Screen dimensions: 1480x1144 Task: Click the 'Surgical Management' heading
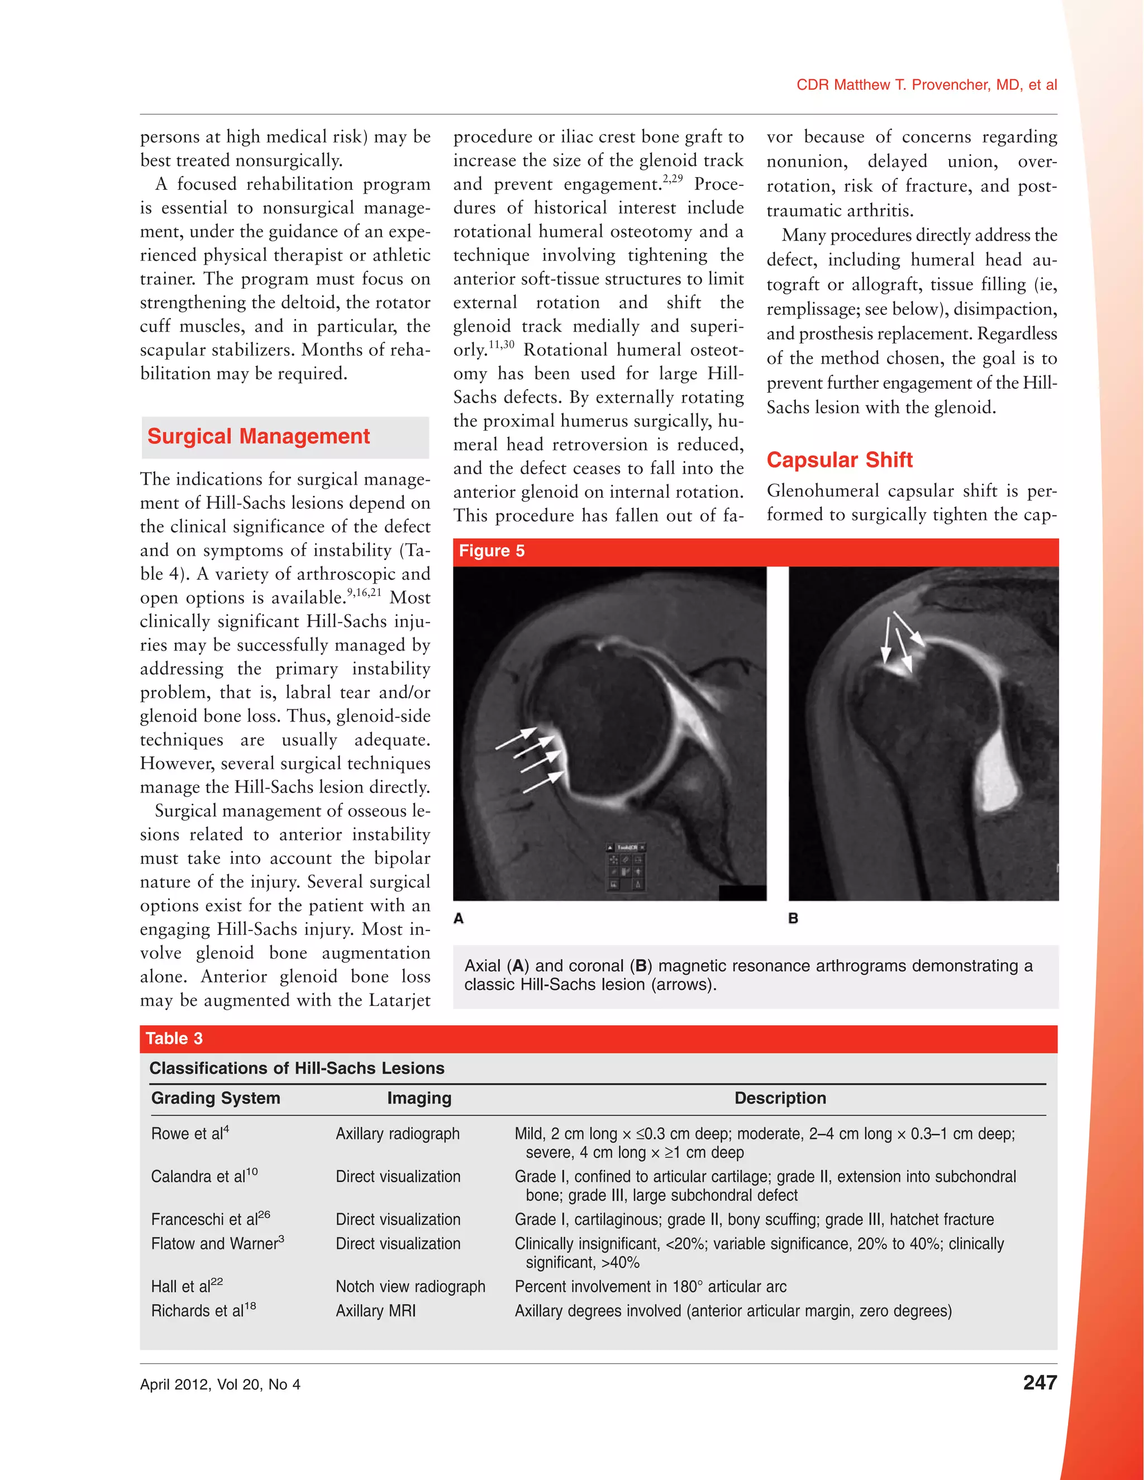point(258,436)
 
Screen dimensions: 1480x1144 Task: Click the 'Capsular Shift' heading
point(839,460)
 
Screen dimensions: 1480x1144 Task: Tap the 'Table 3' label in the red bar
point(174,1038)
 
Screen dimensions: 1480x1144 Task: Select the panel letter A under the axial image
point(459,918)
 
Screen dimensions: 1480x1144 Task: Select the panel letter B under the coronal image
point(793,918)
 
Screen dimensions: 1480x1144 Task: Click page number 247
point(1039,1382)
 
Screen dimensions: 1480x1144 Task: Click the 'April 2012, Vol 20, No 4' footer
point(220,1384)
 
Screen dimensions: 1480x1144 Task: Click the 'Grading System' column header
point(216,1098)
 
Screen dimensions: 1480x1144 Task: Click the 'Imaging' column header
point(419,1098)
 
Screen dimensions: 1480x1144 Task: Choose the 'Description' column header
point(780,1098)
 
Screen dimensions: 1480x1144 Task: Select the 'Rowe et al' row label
point(190,1133)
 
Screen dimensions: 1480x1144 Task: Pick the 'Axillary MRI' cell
point(375,1311)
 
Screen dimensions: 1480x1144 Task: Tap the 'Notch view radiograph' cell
point(410,1286)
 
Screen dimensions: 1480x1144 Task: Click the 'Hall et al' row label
point(187,1286)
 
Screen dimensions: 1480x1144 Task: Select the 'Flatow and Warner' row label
point(217,1244)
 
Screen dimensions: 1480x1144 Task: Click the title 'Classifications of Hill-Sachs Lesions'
point(297,1068)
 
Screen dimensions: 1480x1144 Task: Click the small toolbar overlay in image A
point(625,867)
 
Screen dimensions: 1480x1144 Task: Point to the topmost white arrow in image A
point(517,738)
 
